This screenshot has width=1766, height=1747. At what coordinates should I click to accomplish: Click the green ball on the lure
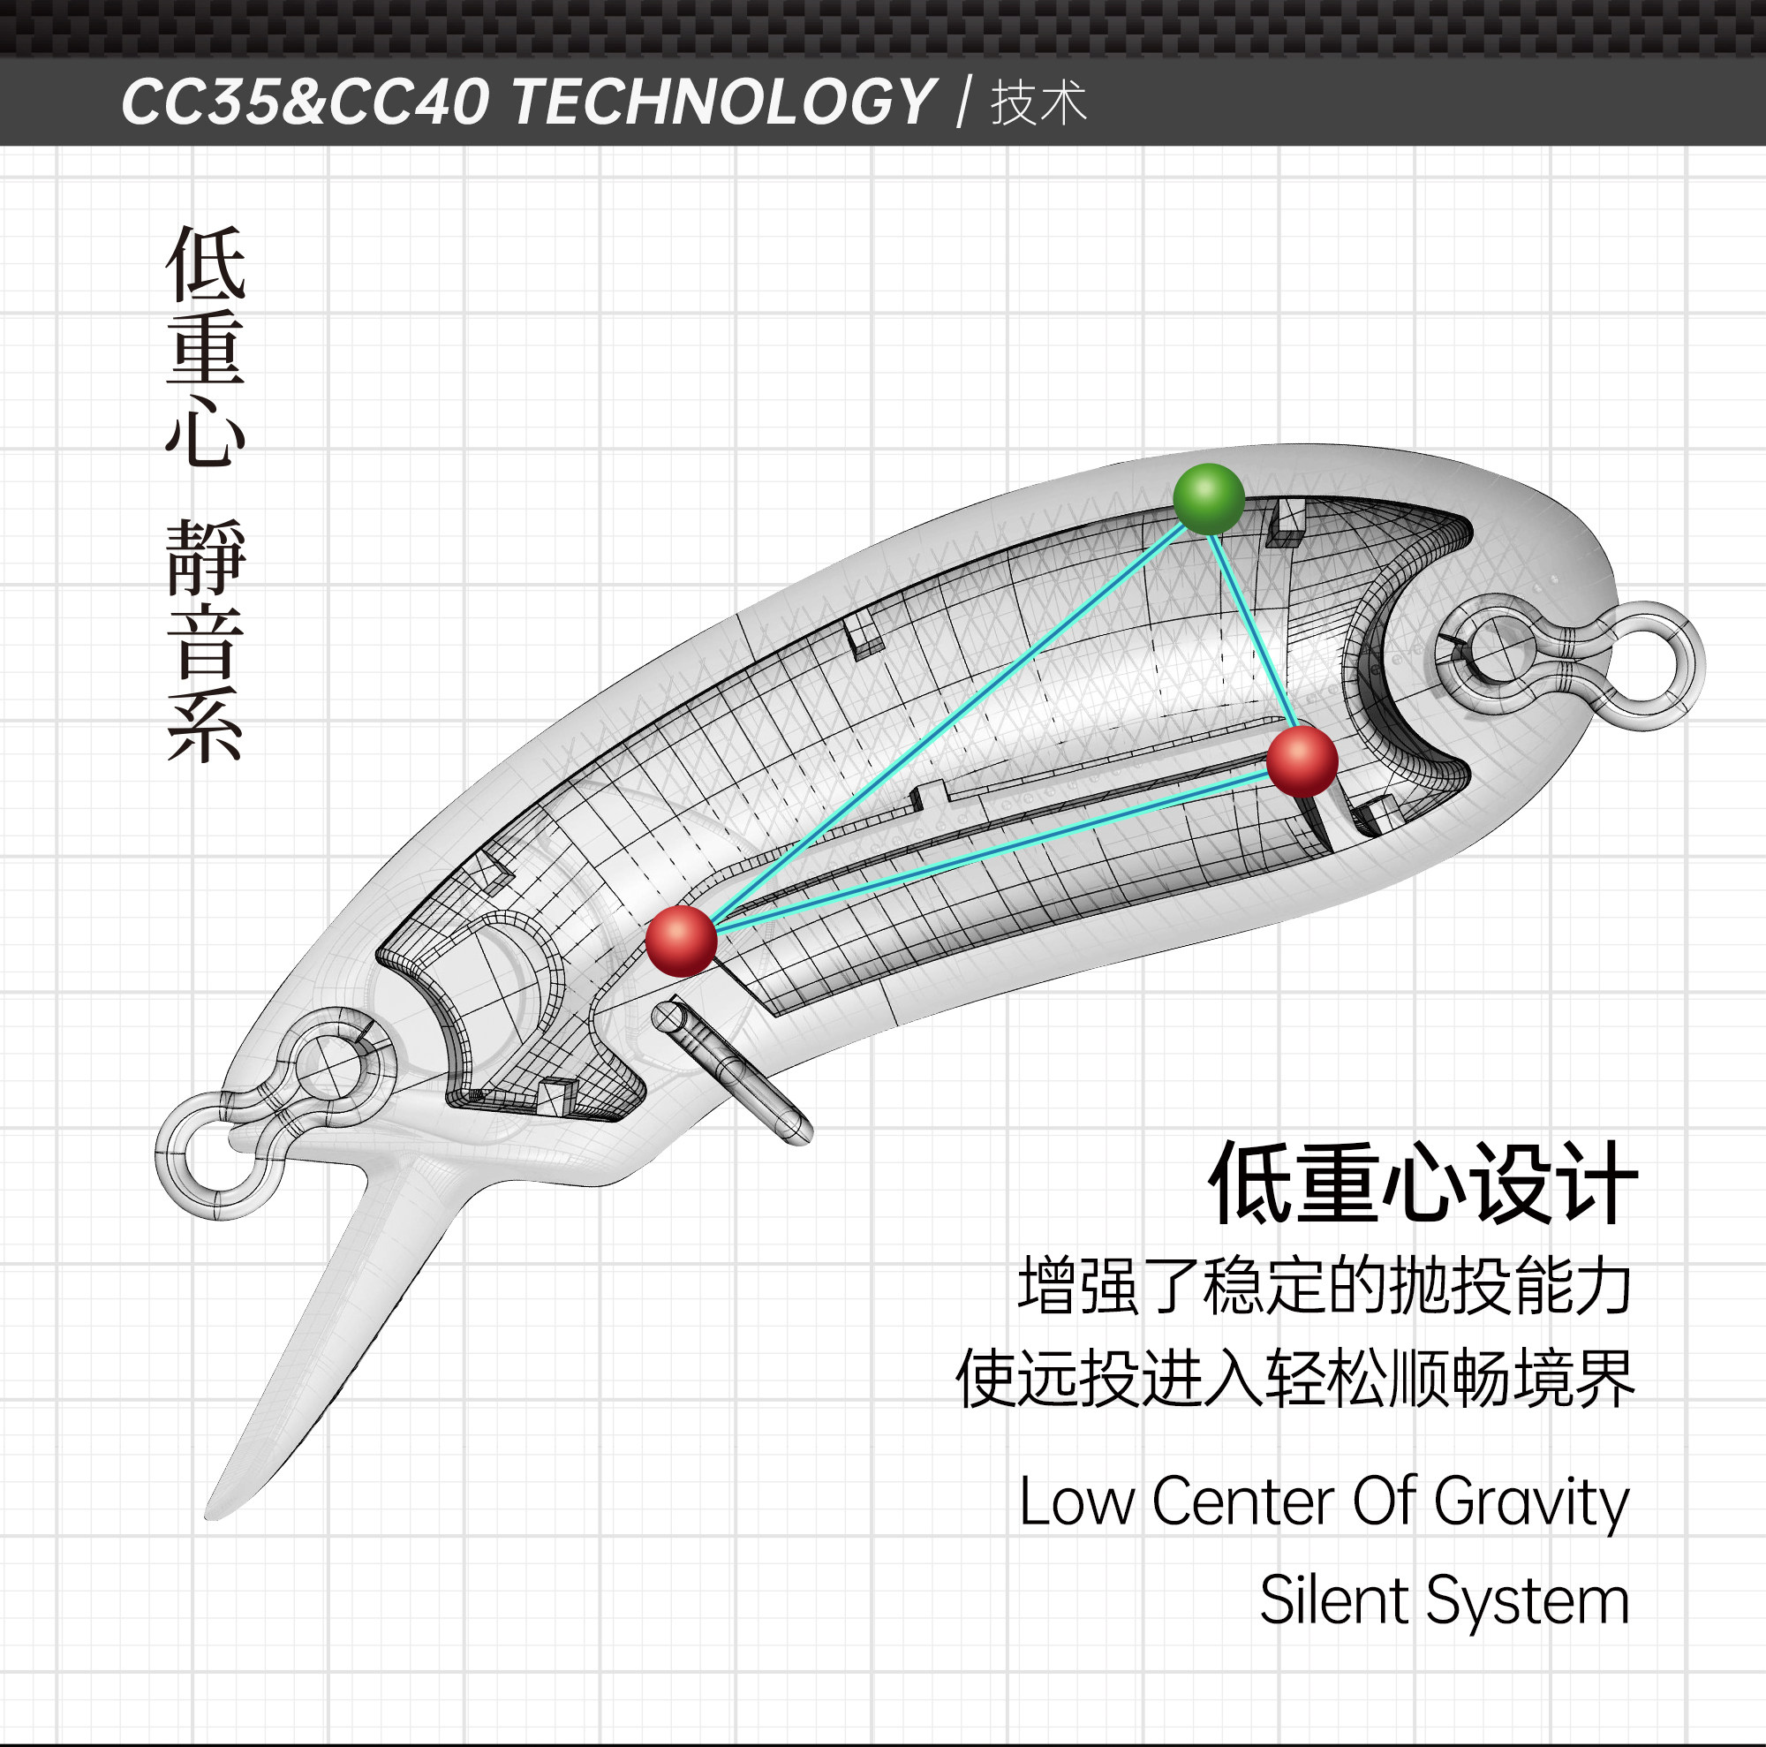click(x=1209, y=499)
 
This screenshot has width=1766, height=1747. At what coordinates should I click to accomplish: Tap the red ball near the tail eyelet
click(x=1302, y=760)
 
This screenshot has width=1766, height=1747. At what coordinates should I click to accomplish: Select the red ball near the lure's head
click(x=680, y=941)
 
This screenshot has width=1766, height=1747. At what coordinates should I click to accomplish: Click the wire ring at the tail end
click(x=1642, y=666)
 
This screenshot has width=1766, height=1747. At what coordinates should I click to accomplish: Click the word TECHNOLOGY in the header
click(x=722, y=102)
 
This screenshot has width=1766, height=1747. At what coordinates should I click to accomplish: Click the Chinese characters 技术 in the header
click(x=1038, y=102)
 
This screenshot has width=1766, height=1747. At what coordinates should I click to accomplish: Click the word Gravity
click(x=1531, y=1501)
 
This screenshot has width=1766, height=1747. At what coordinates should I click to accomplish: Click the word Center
click(x=1243, y=1501)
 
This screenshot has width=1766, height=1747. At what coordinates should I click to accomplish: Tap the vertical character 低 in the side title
click(x=206, y=264)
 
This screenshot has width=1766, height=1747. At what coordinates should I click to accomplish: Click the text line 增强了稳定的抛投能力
click(x=1324, y=1286)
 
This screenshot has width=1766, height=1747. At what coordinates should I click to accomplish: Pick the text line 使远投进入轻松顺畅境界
click(x=1294, y=1379)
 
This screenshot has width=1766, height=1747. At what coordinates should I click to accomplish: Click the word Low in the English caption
click(x=1075, y=1501)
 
